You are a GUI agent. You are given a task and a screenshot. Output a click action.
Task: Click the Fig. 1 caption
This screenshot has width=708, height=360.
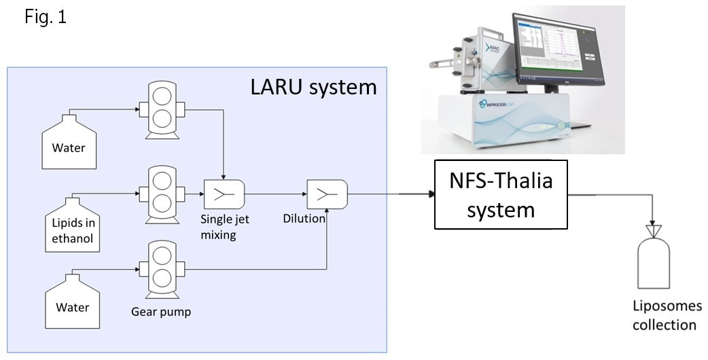click(45, 17)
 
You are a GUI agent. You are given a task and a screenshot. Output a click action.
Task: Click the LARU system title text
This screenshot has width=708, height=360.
click(313, 87)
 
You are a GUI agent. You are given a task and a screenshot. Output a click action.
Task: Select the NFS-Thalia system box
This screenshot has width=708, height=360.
click(501, 195)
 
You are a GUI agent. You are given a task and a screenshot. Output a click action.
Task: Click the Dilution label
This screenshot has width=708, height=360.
click(304, 219)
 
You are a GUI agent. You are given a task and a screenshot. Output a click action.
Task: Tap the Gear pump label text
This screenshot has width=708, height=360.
click(161, 312)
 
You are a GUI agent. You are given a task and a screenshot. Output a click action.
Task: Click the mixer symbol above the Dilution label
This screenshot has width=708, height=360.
click(327, 195)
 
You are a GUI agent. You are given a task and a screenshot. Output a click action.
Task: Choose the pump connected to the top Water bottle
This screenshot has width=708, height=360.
click(162, 108)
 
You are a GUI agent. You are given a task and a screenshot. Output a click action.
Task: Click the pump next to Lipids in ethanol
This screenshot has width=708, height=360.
click(162, 194)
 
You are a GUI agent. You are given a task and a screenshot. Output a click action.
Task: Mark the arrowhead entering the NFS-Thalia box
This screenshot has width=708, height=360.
click(431, 195)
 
